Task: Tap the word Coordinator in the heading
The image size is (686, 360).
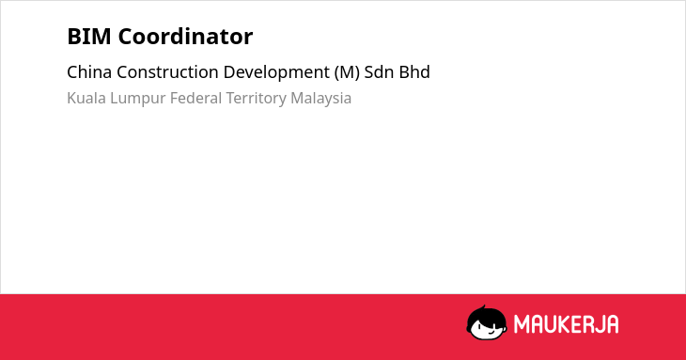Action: pos(185,37)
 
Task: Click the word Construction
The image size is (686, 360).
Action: pos(167,72)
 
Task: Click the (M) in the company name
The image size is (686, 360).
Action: pos(347,72)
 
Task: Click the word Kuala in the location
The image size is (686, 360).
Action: pos(86,98)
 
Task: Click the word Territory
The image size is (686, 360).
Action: pos(256,99)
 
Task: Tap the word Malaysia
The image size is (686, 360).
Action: pos(320,99)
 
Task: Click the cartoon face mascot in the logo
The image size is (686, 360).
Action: pos(487,322)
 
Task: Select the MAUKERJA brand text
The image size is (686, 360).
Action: pos(566,324)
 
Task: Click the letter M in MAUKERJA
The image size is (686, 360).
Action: pos(521,324)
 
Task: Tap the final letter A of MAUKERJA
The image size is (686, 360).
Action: pos(613,324)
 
